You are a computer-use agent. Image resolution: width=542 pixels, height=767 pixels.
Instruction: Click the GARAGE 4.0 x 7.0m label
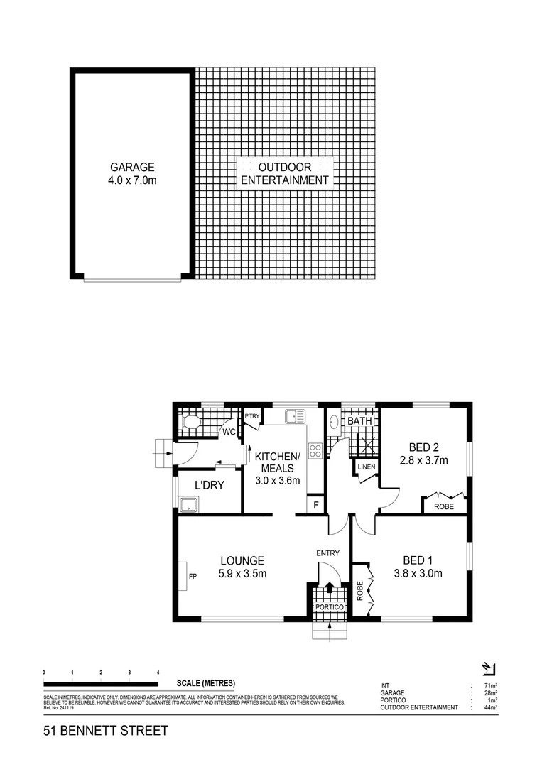point(132,174)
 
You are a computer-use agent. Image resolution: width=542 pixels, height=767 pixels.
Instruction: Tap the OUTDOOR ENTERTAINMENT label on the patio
point(284,173)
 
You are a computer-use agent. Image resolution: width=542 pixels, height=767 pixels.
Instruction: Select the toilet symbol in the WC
point(190,423)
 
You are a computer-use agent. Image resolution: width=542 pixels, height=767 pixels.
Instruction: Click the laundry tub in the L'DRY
point(189,505)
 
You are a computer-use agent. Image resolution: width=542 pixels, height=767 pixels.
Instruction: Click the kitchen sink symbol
point(295,416)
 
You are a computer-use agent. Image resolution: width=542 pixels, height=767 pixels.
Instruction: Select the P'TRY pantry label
point(251,416)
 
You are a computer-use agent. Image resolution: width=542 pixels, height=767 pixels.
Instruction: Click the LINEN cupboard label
point(366,467)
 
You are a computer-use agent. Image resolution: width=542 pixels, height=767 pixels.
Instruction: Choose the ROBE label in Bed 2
point(444,507)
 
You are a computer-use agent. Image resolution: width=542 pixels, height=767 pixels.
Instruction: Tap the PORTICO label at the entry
point(330,608)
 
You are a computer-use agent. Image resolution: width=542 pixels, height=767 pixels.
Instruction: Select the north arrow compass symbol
point(488,668)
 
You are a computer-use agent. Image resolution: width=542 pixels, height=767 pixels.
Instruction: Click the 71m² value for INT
point(488,685)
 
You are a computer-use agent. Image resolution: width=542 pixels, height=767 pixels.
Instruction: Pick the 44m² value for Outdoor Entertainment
point(488,707)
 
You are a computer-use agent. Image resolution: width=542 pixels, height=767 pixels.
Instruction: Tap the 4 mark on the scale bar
point(158,672)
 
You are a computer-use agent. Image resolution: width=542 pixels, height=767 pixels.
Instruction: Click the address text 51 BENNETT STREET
point(106,730)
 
